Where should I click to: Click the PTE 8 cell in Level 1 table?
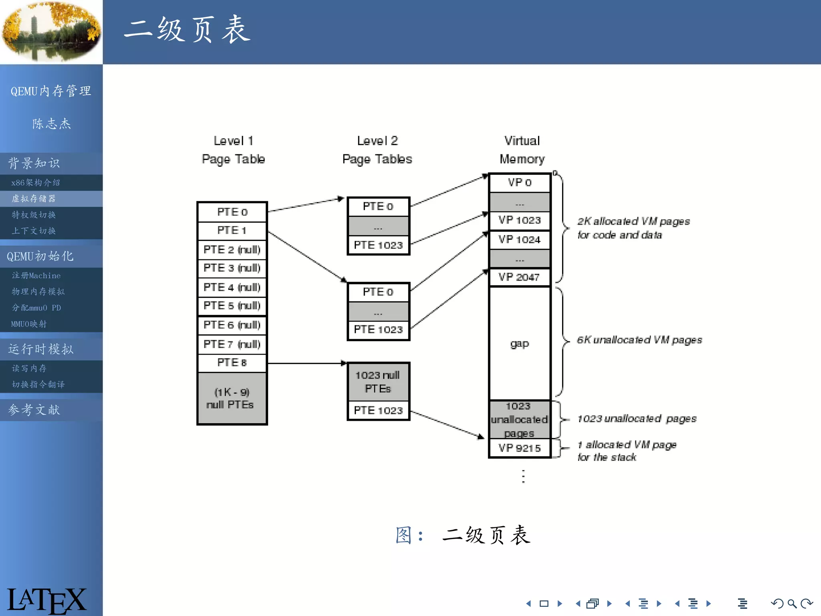[232, 363]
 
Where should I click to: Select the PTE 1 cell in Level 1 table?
[232, 230]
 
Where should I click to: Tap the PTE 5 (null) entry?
[232, 306]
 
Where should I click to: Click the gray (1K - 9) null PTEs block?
[232, 398]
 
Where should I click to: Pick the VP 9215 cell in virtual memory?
[520, 448]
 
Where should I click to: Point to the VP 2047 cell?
[520, 277]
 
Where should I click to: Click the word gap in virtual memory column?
[520, 344]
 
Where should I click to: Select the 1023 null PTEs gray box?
[378, 381]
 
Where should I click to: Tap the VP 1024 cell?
[520, 239]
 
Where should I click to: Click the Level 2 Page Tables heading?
[377, 150]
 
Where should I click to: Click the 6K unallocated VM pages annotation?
[639, 340]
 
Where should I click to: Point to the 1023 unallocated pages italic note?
[637, 419]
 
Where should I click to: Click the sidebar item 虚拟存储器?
[34, 199]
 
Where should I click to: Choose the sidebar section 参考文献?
[34, 410]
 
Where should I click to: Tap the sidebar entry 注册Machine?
[36, 276]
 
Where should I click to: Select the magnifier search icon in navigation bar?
[792, 604]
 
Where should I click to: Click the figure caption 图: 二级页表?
[463, 535]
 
